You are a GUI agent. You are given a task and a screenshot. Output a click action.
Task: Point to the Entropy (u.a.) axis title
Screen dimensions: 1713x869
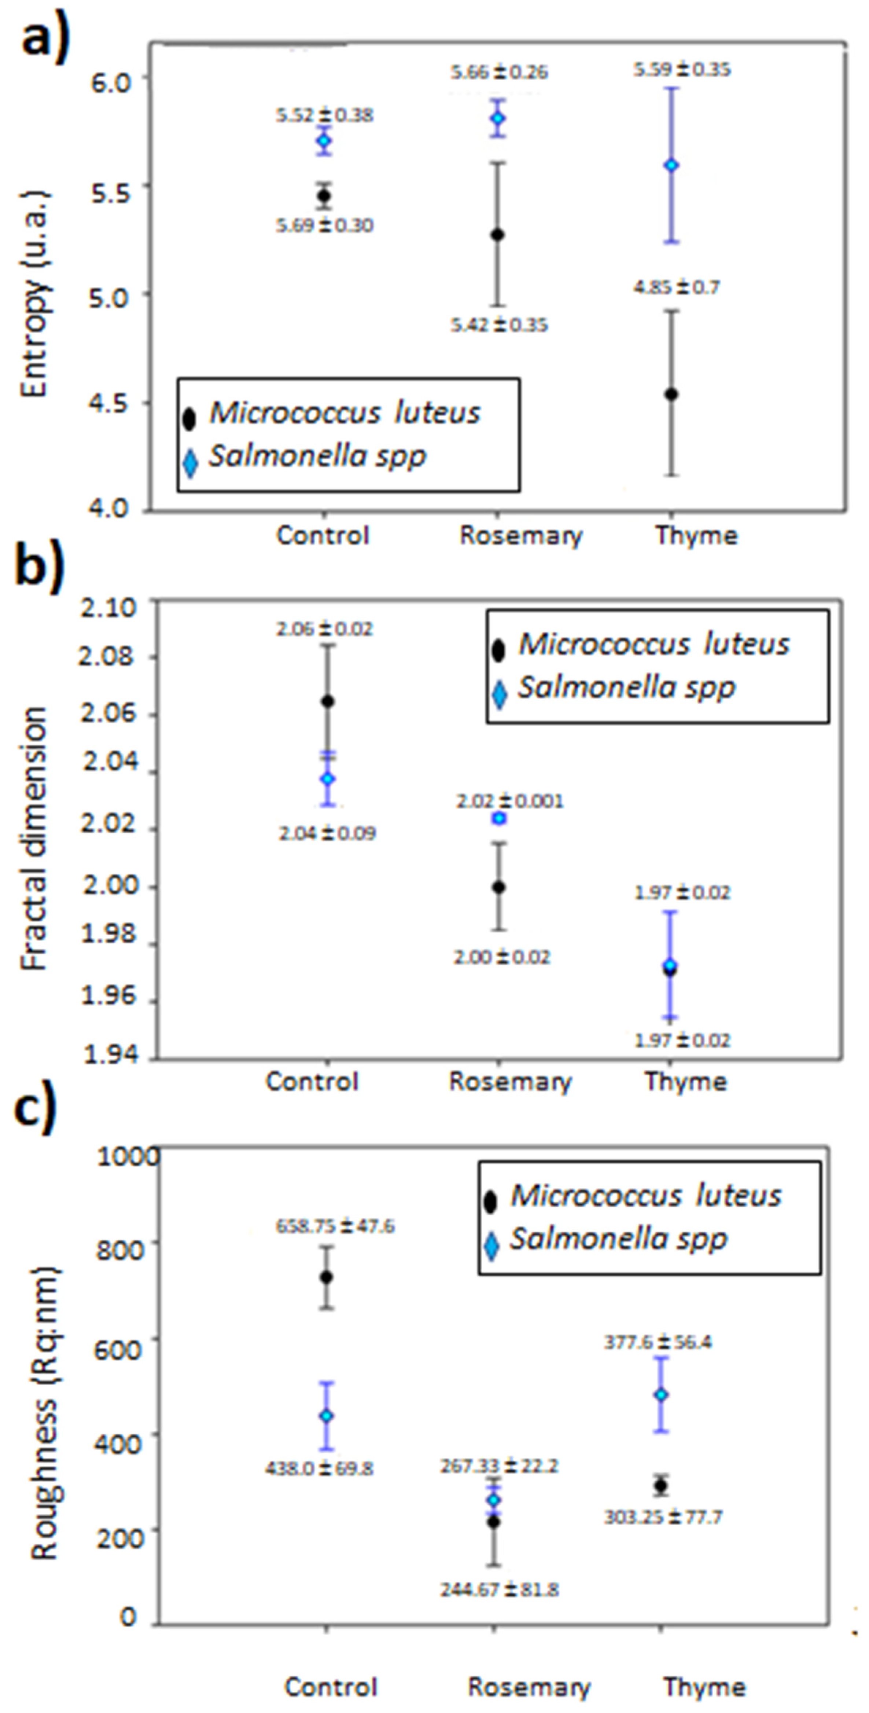coord(34,293)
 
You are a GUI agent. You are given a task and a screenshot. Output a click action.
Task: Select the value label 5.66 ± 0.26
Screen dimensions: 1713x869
coord(499,72)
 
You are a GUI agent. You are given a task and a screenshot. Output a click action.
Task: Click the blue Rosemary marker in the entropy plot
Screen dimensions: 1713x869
coord(498,118)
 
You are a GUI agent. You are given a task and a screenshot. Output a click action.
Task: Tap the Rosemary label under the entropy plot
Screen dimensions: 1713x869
coord(520,535)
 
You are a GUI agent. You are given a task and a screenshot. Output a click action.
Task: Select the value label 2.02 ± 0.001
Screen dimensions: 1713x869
coord(500,801)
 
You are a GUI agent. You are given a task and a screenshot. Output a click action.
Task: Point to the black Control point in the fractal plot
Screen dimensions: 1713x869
coord(328,701)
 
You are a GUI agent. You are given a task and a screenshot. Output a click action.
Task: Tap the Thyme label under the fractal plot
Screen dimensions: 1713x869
coord(685,1081)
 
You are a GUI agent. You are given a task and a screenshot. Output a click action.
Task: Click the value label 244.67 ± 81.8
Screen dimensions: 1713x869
coord(499,1590)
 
